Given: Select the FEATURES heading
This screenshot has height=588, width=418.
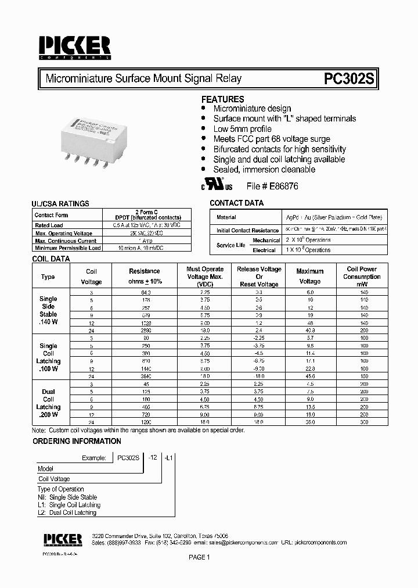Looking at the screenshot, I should point(222,99).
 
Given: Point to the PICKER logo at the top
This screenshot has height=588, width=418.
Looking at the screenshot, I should point(75,47).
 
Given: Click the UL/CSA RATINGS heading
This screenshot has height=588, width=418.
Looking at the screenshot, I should point(60,204).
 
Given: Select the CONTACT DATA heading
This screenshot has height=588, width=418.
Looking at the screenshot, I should point(236,203).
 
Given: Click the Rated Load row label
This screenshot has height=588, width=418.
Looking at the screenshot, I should point(49,225).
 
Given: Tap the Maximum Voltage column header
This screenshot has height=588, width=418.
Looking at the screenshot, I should point(309,276).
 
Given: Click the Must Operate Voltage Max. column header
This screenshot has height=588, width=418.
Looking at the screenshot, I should point(204,277).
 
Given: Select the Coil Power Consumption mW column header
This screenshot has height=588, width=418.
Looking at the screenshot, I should point(362,277).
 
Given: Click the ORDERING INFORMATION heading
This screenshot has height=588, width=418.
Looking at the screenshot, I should point(69,442).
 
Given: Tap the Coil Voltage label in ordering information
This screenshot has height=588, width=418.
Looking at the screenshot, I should point(54,479).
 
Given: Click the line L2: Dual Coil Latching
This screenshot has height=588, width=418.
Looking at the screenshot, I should point(68,512).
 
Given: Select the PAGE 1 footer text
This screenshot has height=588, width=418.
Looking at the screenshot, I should point(199,557).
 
